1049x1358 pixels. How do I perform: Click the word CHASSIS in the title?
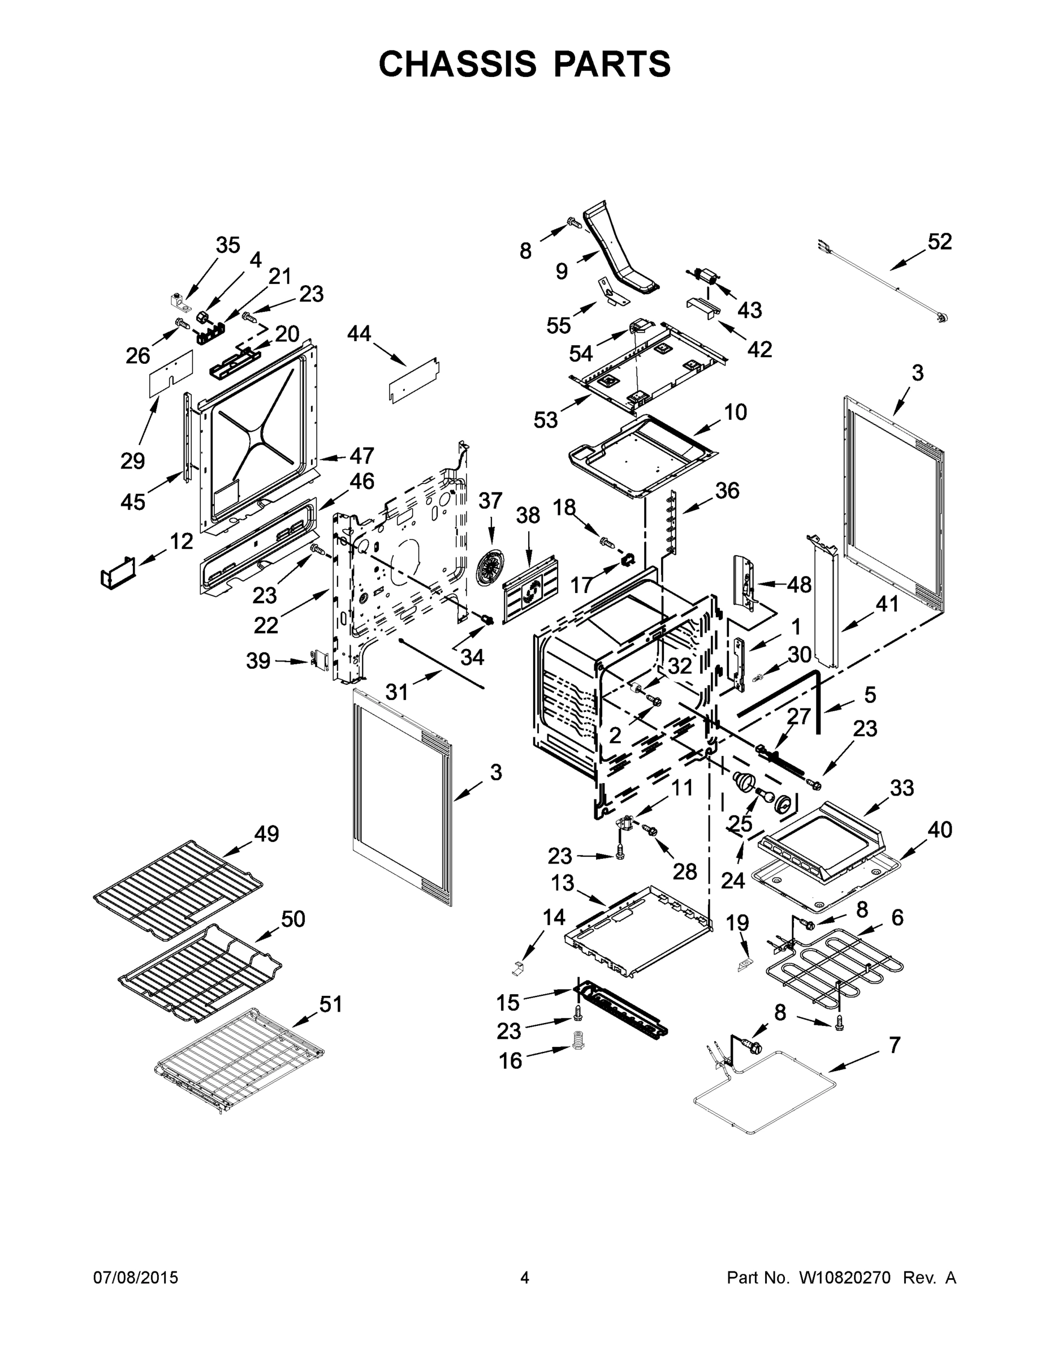click(x=457, y=64)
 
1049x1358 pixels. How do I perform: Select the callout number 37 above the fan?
click(x=490, y=501)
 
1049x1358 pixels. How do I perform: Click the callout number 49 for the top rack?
click(x=266, y=834)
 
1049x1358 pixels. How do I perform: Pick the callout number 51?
click(x=330, y=1004)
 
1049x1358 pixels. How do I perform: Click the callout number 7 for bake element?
click(x=893, y=1045)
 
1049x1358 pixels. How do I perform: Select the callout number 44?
click(x=359, y=334)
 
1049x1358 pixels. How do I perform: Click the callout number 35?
click(x=227, y=245)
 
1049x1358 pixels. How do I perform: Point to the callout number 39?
click(x=258, y=660)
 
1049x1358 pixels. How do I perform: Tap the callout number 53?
click(x=546, y=420)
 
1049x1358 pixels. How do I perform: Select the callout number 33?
click(x=902, y=788)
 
